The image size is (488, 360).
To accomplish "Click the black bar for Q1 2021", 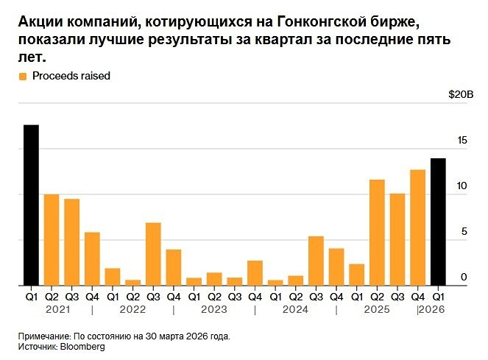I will click(31, 205).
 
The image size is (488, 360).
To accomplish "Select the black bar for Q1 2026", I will click(438, 222).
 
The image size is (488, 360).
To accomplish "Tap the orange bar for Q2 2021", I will click(52, 240).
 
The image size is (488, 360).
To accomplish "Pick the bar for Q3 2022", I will click(153, 254).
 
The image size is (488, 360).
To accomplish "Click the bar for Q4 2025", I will click(417, 227).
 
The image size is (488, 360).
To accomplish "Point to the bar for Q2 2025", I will click(377, 233).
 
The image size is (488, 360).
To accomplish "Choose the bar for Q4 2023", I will click(255, 273).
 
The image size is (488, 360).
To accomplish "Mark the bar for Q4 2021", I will click(92, 259).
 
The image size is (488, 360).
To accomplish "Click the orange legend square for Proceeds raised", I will click(23, 76).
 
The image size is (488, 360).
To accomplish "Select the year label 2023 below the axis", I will click(213, 310).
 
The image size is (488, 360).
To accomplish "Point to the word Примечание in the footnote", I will click(46, 336).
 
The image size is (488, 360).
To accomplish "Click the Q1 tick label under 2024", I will click(275, 297).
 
